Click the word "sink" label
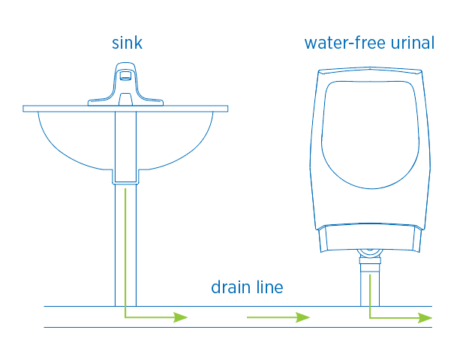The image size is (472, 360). click(x=126, y=43)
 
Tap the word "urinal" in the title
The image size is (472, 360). click(x=412, y=43)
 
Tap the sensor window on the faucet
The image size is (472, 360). click(x=126, y=75)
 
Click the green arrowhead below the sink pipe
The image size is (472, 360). click(x=180, y=317)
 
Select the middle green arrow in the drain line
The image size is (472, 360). click(x=278, y=317)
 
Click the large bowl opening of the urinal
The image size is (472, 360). click(x=368, y=131)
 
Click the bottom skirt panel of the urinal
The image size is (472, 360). click(x=368, y=238)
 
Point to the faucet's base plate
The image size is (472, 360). click(x=126, y=100)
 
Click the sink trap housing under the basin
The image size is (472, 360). click(x=125, y=150)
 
